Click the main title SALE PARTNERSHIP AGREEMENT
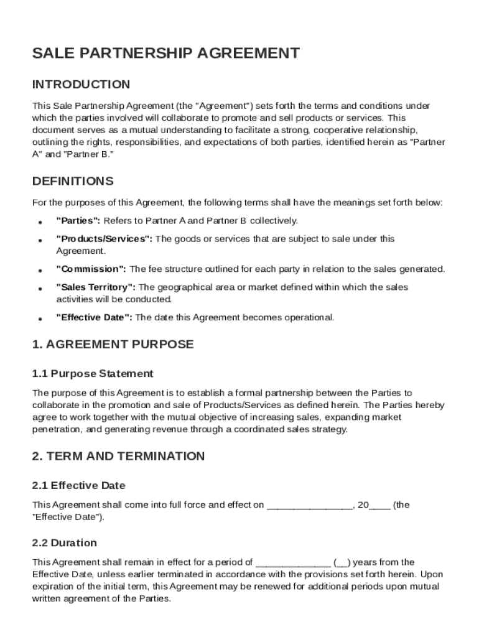pos(165,53)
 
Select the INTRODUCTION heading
pos(81,85)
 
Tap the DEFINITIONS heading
pos(73,182)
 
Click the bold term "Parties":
pos(78,221)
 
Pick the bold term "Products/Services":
pos(104,239)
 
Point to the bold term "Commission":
pos(91,269)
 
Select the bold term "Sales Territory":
pos(96,287)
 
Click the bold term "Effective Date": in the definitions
pos(95,318)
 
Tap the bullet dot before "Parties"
pos(40,222)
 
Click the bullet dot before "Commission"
pos(40,271)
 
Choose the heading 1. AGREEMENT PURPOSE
pos(113,345)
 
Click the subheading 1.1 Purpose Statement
pos(93,374)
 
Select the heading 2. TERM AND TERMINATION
pos(118,456)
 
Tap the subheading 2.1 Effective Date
pos(78,485)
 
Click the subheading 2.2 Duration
pos(64,543)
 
